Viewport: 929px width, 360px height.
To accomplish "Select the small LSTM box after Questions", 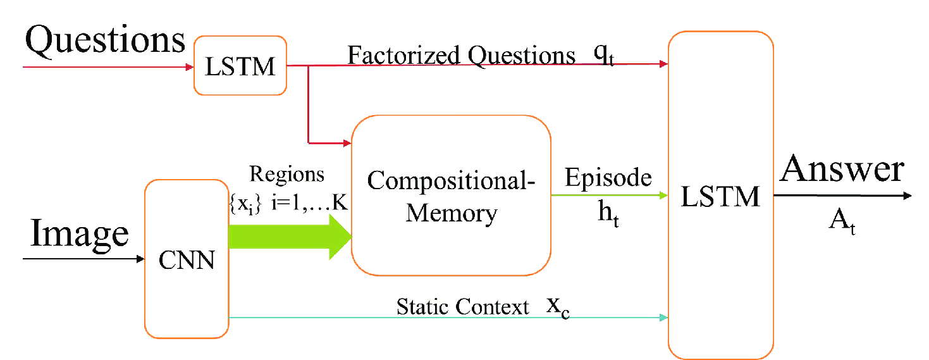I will [240, 66].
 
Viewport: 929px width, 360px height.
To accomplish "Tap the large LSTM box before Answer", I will [720, 197].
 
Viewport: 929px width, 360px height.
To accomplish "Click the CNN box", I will [187, 259].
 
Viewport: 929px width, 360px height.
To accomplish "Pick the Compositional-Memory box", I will [451, 196].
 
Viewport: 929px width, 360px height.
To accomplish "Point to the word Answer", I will [842, 170].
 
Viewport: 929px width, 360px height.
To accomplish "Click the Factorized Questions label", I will [461, 56].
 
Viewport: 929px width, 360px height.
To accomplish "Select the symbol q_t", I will [603, 56].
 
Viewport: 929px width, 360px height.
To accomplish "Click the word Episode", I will [608, 178].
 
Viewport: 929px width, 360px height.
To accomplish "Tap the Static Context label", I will [462, 307].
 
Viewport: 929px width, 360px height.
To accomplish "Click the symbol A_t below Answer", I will [843, 223].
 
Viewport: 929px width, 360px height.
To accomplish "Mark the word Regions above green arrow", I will [286, 173].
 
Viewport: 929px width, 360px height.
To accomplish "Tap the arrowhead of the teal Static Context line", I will [663, 318].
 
